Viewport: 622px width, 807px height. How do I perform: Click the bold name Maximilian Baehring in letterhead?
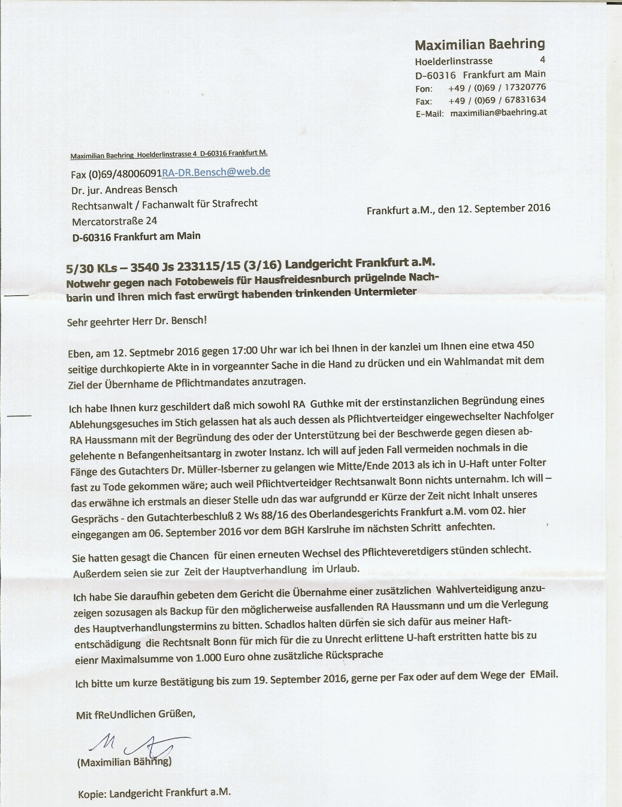[x=480, y=45]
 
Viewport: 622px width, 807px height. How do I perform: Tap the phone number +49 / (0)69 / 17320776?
[x=497, y=88]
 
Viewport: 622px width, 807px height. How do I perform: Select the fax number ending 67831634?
[x=497, y=100]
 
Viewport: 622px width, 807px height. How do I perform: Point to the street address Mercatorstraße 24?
[x=115, y=221]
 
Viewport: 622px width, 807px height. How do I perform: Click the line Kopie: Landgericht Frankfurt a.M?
[x=154, y=793]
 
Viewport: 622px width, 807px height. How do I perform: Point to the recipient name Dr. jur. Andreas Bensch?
[x=124, y=189]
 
